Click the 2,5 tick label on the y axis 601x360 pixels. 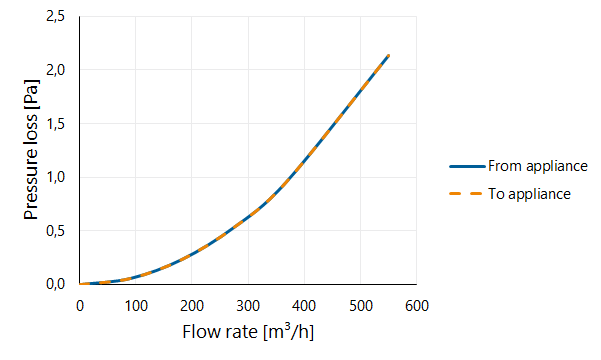pyautogui.click(x=56, y=17)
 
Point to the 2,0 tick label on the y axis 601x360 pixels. pyautogui.click(x=56, y=70)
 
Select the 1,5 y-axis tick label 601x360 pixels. pyautogui.click(x=56, y=124)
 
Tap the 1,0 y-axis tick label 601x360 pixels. pyautogui.click(x=56, y=178)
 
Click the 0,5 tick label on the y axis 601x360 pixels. pyautogui.click(x=56, y=231)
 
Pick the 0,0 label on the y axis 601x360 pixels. pyautogui.click(x=56, y=284)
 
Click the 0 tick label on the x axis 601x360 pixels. pyautogui.click(x=80, y=306)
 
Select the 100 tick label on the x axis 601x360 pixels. pyautogui.click(x=136, y=306)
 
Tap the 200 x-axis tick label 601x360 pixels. pyautogui.click(x=192, y=306)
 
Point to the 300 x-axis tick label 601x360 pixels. pyautogui.click(x=248, y=306)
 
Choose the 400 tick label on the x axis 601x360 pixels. pyautogui.click(x=304, y=306)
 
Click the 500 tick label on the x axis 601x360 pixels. pyautogui.click(x=361, y=306)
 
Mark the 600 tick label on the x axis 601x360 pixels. pyautogui.click(x=417, y=306)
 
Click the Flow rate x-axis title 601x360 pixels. pyautogui.click(x=248, y=332)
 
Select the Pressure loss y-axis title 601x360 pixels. pyautogui.click(x=31, y=150)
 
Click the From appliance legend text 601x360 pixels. pyautogui.click(x=538, y=166)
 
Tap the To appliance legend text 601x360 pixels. pyautogui.click(x=529, y=194)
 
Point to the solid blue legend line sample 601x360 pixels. pyautogui.click(x=467, y=166)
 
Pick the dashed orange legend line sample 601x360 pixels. pyautogui.click(x=465, y=194)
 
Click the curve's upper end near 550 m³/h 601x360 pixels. pyautogui.click(x=389, y=56)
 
